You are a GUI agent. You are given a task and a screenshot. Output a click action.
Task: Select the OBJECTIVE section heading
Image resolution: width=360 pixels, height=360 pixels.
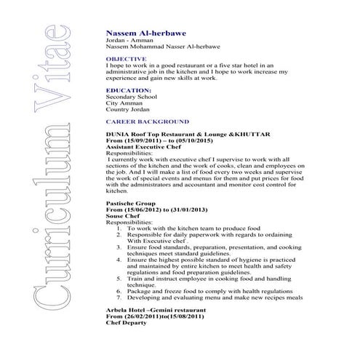(x=126, y=57)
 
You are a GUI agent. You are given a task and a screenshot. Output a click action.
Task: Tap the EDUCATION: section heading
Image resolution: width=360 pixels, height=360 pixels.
(x=128, y=90)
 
